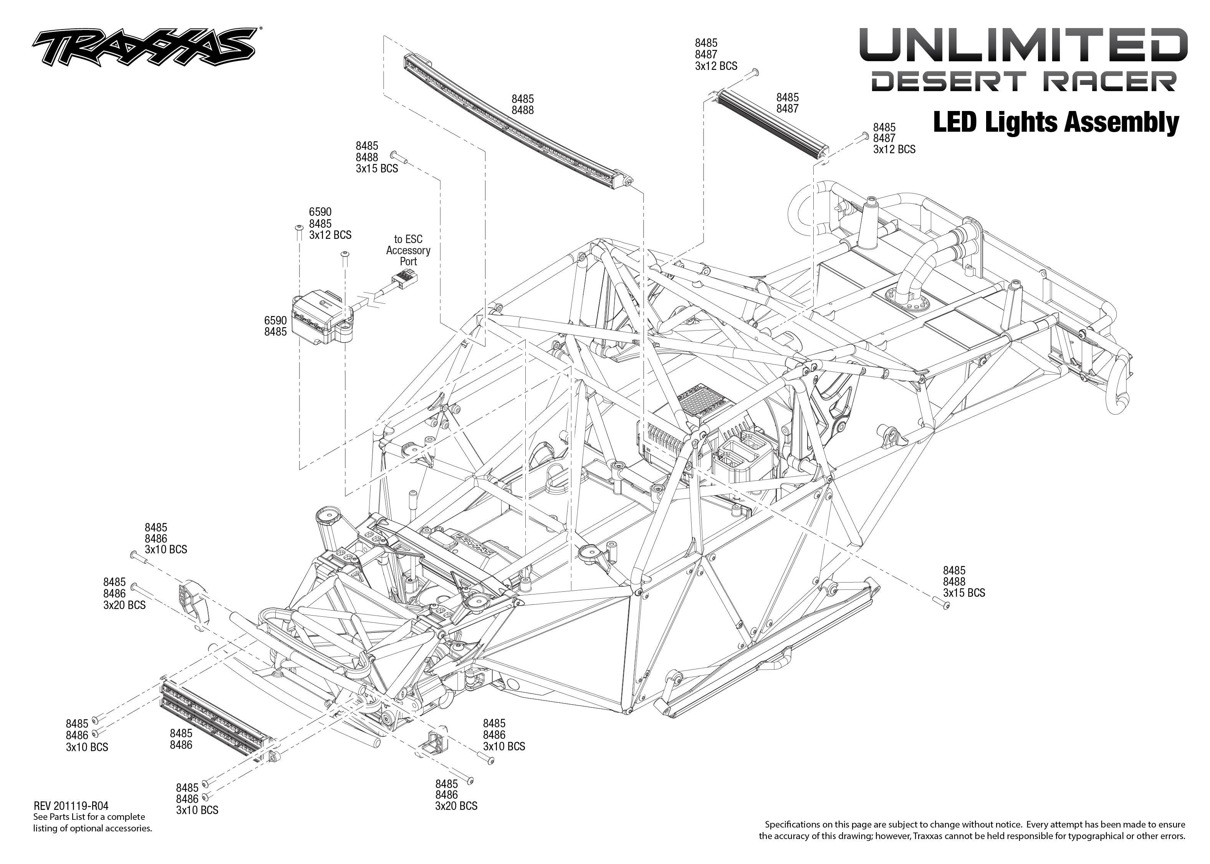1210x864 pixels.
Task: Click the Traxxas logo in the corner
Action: coord(144,47)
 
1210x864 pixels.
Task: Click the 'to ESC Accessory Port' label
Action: coord(408,250)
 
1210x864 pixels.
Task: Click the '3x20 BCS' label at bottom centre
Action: coord(456,806)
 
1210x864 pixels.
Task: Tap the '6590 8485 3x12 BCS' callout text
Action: coord(330,223)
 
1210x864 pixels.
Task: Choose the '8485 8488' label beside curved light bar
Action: coord(522,104)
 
